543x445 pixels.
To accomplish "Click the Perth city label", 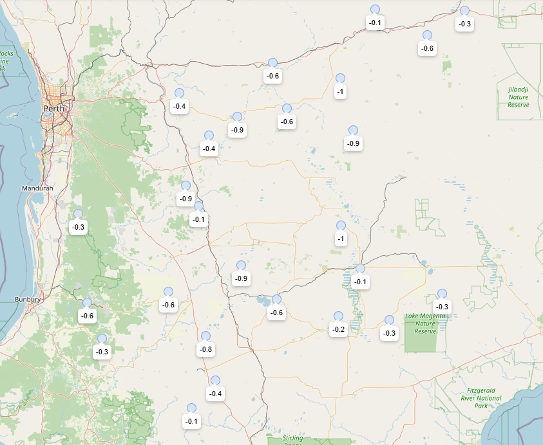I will tap(54, 108).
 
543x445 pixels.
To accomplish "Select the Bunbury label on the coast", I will tap(28, 300).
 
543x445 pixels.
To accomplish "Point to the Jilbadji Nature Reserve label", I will tap(518, 97).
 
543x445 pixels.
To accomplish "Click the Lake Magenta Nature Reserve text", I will tap(425, 323).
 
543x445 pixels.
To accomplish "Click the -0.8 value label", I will tap(205, 349).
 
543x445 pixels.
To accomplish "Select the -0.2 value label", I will tap(338, 329).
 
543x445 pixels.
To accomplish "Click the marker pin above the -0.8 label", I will tap(205, 336).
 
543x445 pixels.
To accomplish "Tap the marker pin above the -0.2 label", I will tap(338, 316).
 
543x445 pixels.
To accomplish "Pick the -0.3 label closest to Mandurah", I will tap(78, 227).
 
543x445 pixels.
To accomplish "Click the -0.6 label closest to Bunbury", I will tap(87, 316).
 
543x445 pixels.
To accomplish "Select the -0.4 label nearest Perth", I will tap(179, 106).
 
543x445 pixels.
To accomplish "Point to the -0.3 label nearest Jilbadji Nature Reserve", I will tap(464, 24).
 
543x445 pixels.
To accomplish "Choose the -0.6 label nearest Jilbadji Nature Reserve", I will tap(427, 48).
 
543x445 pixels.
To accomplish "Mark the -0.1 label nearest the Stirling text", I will tap(191, 421).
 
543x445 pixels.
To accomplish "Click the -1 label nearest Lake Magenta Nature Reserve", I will tap(341, 239).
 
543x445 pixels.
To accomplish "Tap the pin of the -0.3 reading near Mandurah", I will tap(78, 214).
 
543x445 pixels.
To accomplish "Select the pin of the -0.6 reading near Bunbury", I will tap(87, 303).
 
